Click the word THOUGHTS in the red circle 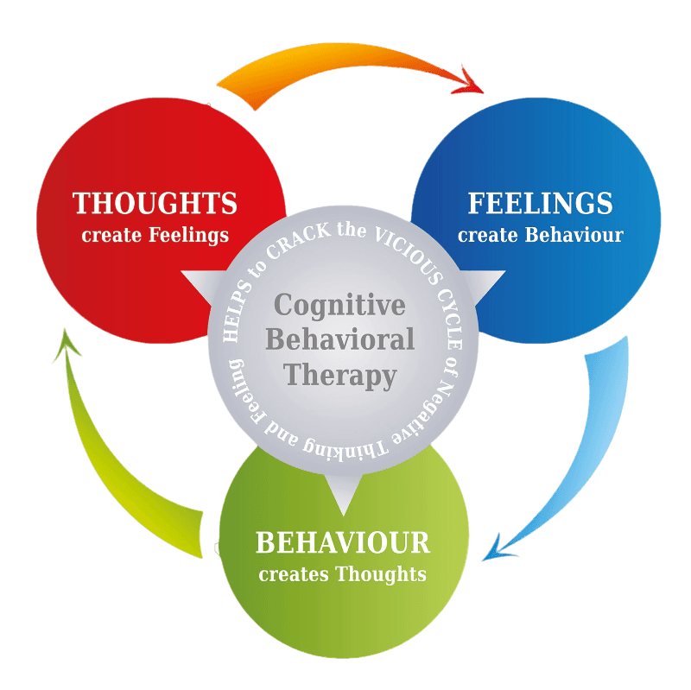(x=155, y=204)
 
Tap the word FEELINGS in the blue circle (x=540, y=204)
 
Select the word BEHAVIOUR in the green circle (x=343, y=543)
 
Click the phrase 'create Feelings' (x=155, y=235)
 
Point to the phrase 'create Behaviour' (x=540, y=235)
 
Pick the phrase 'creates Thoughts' (x=343, y=573)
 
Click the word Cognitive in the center (x=339, y=305)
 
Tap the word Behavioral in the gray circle (x=339, y=339)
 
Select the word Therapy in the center (x=340, y=375)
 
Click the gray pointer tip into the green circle (x=343, y=510)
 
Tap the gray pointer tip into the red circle (x=185, y=275)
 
